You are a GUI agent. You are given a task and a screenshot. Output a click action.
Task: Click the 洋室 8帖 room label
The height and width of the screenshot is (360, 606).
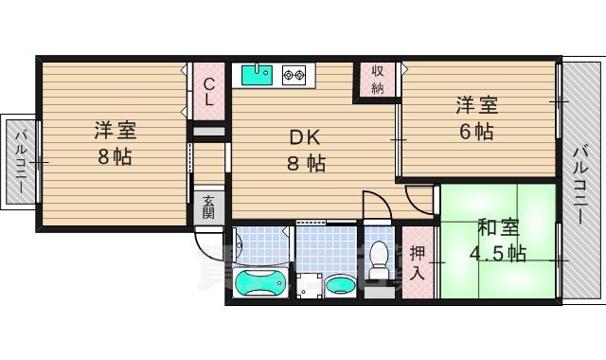click(x=113, y=143)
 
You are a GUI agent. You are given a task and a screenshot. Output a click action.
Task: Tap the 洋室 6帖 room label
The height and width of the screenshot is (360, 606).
click(x=477, y=118)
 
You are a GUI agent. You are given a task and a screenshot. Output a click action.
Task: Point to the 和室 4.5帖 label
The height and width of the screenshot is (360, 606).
click(x=499, y=241)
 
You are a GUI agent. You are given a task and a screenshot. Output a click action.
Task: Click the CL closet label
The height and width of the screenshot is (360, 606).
click(x=209, y=90)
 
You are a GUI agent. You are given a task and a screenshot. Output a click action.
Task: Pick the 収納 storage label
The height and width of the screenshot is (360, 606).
click(x=377, y=80)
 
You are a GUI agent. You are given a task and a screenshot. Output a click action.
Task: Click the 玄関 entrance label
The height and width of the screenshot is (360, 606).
click(x=208, y=207)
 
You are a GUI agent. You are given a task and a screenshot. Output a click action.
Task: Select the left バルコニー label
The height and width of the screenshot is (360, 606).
click(x=20, y=160)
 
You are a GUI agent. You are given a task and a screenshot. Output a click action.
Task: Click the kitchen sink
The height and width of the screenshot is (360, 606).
click(x=258, y=74)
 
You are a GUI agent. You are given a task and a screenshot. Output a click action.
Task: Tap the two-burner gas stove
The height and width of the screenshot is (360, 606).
click(x=294, y=74)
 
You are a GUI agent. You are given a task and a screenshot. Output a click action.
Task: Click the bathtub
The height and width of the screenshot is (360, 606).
click(x=259, y=282)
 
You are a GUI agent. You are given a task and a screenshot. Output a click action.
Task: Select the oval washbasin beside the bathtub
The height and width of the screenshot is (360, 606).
click(x=339, y=285)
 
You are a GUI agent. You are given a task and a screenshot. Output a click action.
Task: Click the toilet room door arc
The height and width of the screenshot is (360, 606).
click(x=376, y=205)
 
